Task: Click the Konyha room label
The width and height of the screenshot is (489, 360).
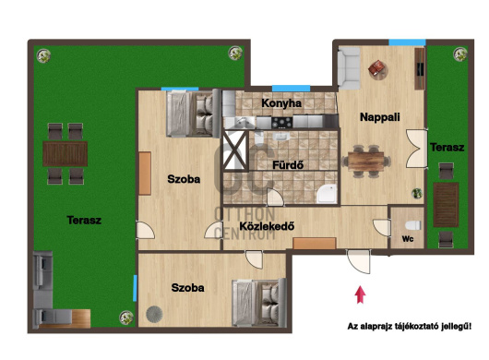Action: pyautogui.click(x=281, y=103)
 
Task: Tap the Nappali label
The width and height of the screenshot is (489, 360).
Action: pyautogui.click(x=380, y=117)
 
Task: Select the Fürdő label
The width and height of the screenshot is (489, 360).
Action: pyautogui.click(x=288, y=165)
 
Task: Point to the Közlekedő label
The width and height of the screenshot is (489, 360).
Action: pyautogui.click(x=267, y=226)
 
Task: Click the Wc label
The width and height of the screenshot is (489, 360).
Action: pyautogui.click(x=408, y=239)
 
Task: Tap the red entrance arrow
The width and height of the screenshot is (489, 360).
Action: pyautogui.click(x=360, y=294)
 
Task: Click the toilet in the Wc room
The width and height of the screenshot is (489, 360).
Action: pyautogui.click(x=413, y=225)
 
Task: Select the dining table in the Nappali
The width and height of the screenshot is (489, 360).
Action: pyautogui.click(x=365, y=162)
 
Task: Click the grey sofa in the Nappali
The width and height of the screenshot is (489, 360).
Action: pyautogui.click(x=349, y=68)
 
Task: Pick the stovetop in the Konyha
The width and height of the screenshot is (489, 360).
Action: pyautogui.click(x=282, y=122)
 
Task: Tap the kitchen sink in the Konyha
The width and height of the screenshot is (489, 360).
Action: pyautogui.click(x=241, y=122)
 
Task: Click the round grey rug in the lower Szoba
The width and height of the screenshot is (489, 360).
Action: pyautogui.click(x=154, y=314)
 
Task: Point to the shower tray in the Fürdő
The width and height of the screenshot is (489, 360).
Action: pyautogui.click(x=327, y=194)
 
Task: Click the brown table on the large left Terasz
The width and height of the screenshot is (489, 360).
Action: pyautogui.click(x=65, y=153)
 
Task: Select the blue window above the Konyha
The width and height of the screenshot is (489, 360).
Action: pyautogui.click(x=291, y=89)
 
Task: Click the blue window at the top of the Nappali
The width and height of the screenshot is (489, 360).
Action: pyautogui.click(x=407, y=42)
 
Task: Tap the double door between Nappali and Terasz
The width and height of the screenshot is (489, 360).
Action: pyautogui.click(x=417, y=149)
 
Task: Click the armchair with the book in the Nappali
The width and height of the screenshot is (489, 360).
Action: pyautogui.click(x=378, y=69)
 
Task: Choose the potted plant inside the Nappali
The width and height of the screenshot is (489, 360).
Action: pyautogui.click(x=417, y=194)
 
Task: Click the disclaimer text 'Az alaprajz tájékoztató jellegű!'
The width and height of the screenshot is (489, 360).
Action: pyautogui.click(x=409, y=327)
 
